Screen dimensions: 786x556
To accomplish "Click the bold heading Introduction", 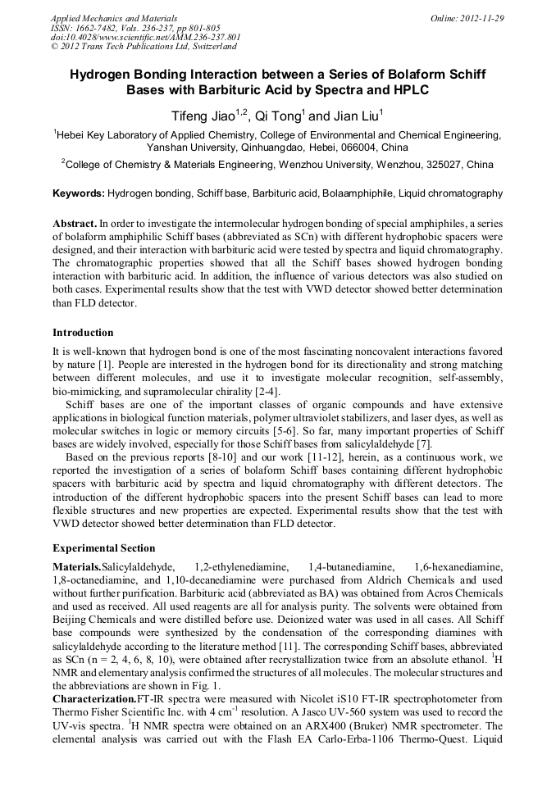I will point(83,333).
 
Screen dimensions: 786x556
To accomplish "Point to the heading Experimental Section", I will point(103,548).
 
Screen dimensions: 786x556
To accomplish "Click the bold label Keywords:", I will point(79,194).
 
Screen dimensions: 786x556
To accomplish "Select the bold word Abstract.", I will point(74,223).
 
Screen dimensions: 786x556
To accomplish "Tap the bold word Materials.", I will point(76,567).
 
